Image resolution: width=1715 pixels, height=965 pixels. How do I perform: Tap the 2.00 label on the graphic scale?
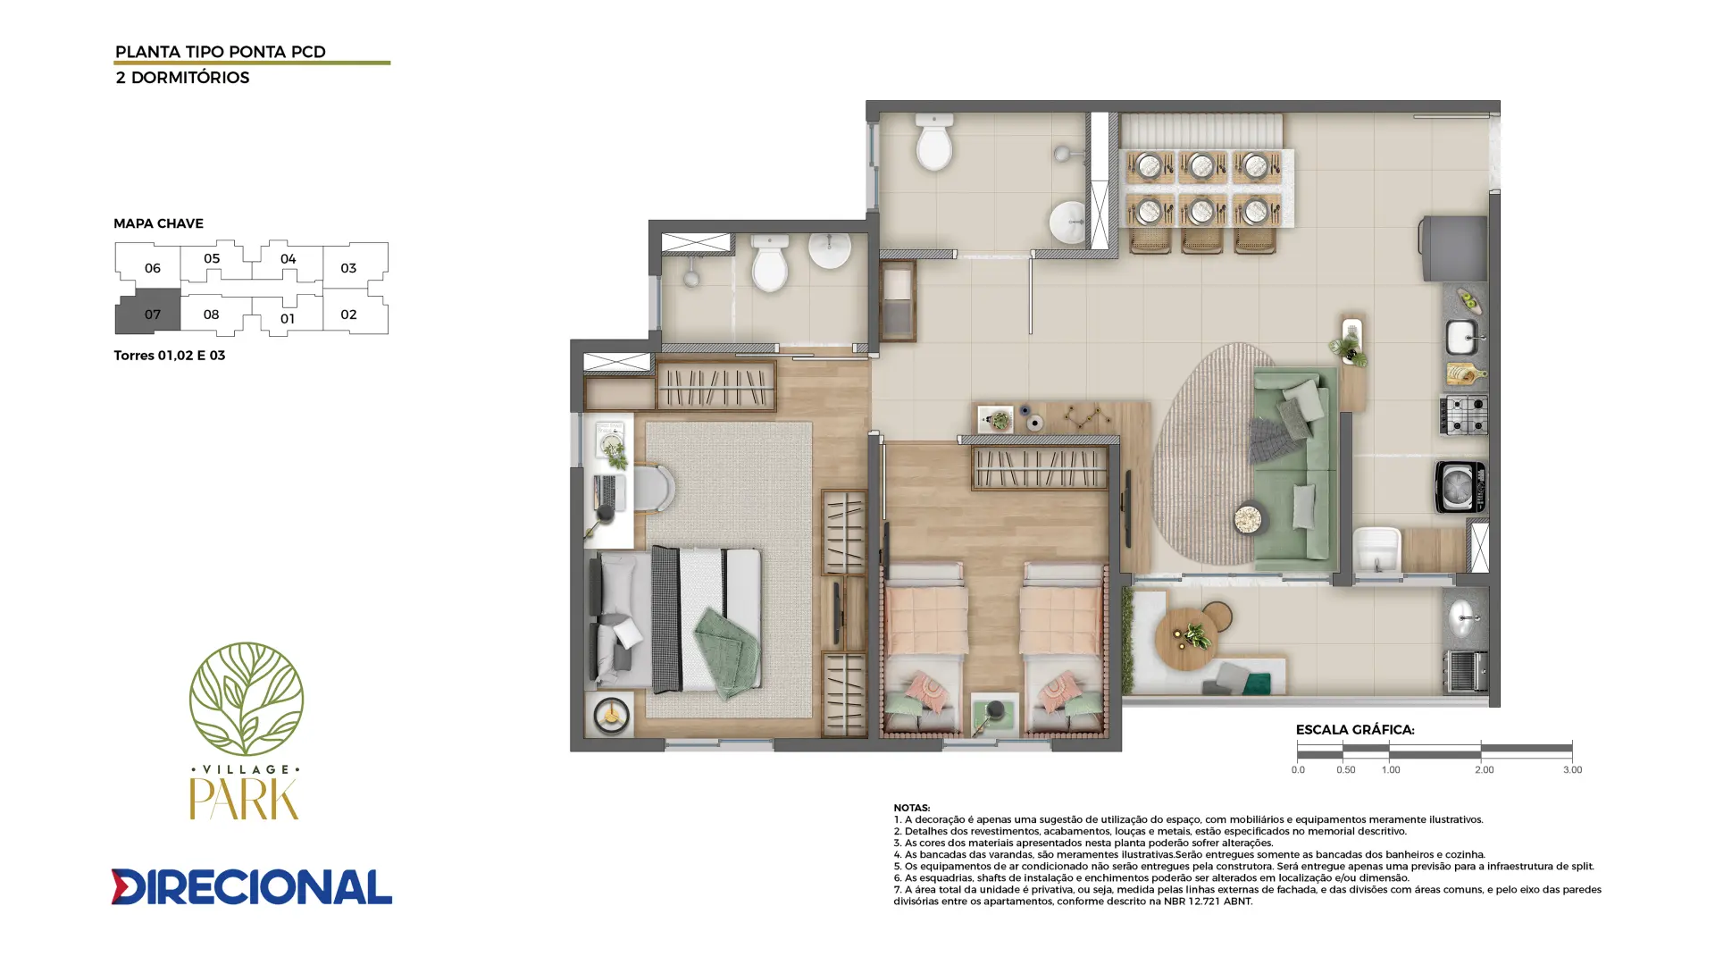point(1484,770)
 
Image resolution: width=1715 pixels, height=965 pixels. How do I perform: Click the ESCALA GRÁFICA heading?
point(1354,730)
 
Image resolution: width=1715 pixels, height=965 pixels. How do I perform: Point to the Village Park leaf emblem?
point(246,699)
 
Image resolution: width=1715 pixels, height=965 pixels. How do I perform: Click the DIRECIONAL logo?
point(251,886)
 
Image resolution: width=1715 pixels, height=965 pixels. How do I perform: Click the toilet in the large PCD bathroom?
point(934,142)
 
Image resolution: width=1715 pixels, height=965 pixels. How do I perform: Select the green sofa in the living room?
point(1295,469)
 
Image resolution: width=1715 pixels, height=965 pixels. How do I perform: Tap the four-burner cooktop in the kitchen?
point(1463,415)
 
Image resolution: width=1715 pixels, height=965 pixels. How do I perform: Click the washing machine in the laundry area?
point(1460,487)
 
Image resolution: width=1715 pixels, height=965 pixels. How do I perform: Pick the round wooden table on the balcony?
point(1187,639)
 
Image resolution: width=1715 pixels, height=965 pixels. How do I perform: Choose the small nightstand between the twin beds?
point(994,715)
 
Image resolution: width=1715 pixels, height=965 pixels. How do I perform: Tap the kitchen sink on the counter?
point(1462,338)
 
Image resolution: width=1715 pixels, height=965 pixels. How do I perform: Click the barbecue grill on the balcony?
point(1466,672)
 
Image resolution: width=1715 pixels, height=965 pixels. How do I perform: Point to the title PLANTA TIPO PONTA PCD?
point(221,52)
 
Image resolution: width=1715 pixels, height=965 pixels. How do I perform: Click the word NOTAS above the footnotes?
point(911,808)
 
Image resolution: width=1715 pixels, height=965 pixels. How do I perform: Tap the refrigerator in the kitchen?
point(1454,248)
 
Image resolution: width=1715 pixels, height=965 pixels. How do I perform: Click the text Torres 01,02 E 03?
point(169,356)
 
